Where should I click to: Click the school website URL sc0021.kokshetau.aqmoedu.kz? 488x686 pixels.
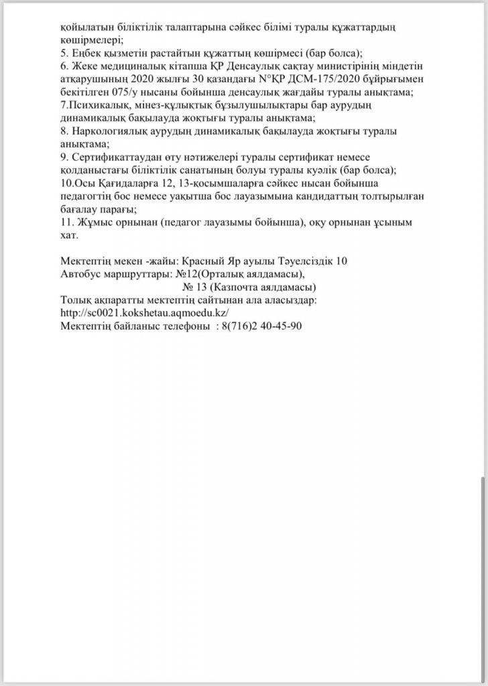145,313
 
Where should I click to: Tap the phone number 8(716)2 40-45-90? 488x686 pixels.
263,326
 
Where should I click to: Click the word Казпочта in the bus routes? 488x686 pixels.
235,287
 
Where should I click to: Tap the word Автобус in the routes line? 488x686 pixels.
80,274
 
